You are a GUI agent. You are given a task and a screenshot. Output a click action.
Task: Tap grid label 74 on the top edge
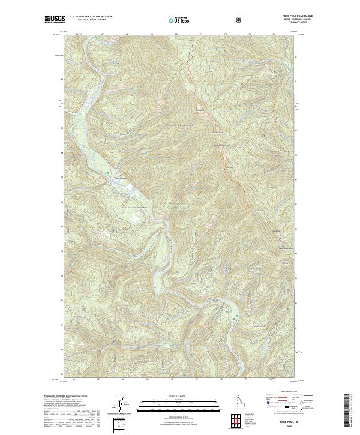pyautogui.click(x=273, y=34)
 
